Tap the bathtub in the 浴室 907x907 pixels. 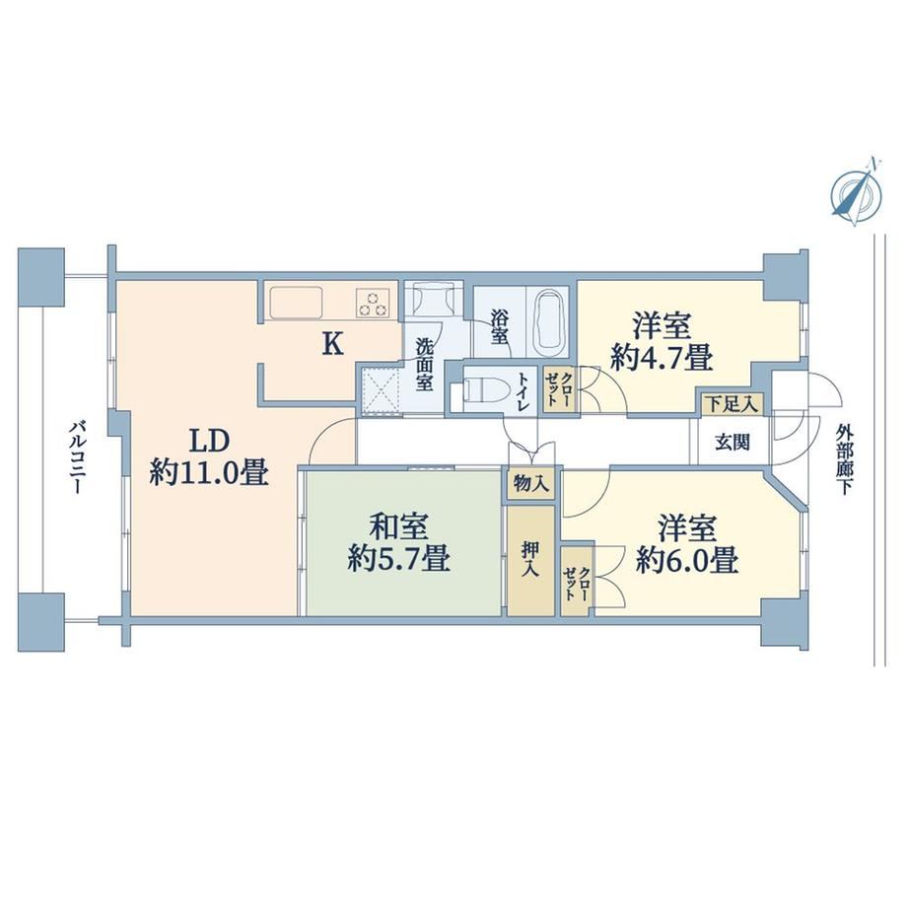tap(548, 322)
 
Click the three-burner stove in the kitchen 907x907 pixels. tap(373, 303)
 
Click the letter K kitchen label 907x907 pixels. tap(332, 345)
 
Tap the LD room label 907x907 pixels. tap(211, 442)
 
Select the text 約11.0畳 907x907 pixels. tap(209, 473)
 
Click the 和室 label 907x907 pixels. tap(398, 527)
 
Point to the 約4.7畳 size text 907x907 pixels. tap(662, 358)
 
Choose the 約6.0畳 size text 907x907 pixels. tap(687, 560)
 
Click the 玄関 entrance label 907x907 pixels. tap(733, 443)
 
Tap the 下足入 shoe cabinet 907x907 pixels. tap(733, 404)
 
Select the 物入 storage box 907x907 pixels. tap(531, 483)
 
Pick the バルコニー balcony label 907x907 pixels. tap(76, 458)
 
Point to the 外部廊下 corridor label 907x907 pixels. tap(845, 459)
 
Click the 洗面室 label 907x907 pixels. tap(424, 365)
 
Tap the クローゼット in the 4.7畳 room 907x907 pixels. tap(560, 389)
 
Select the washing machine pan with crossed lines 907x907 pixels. tap(380, 390)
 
